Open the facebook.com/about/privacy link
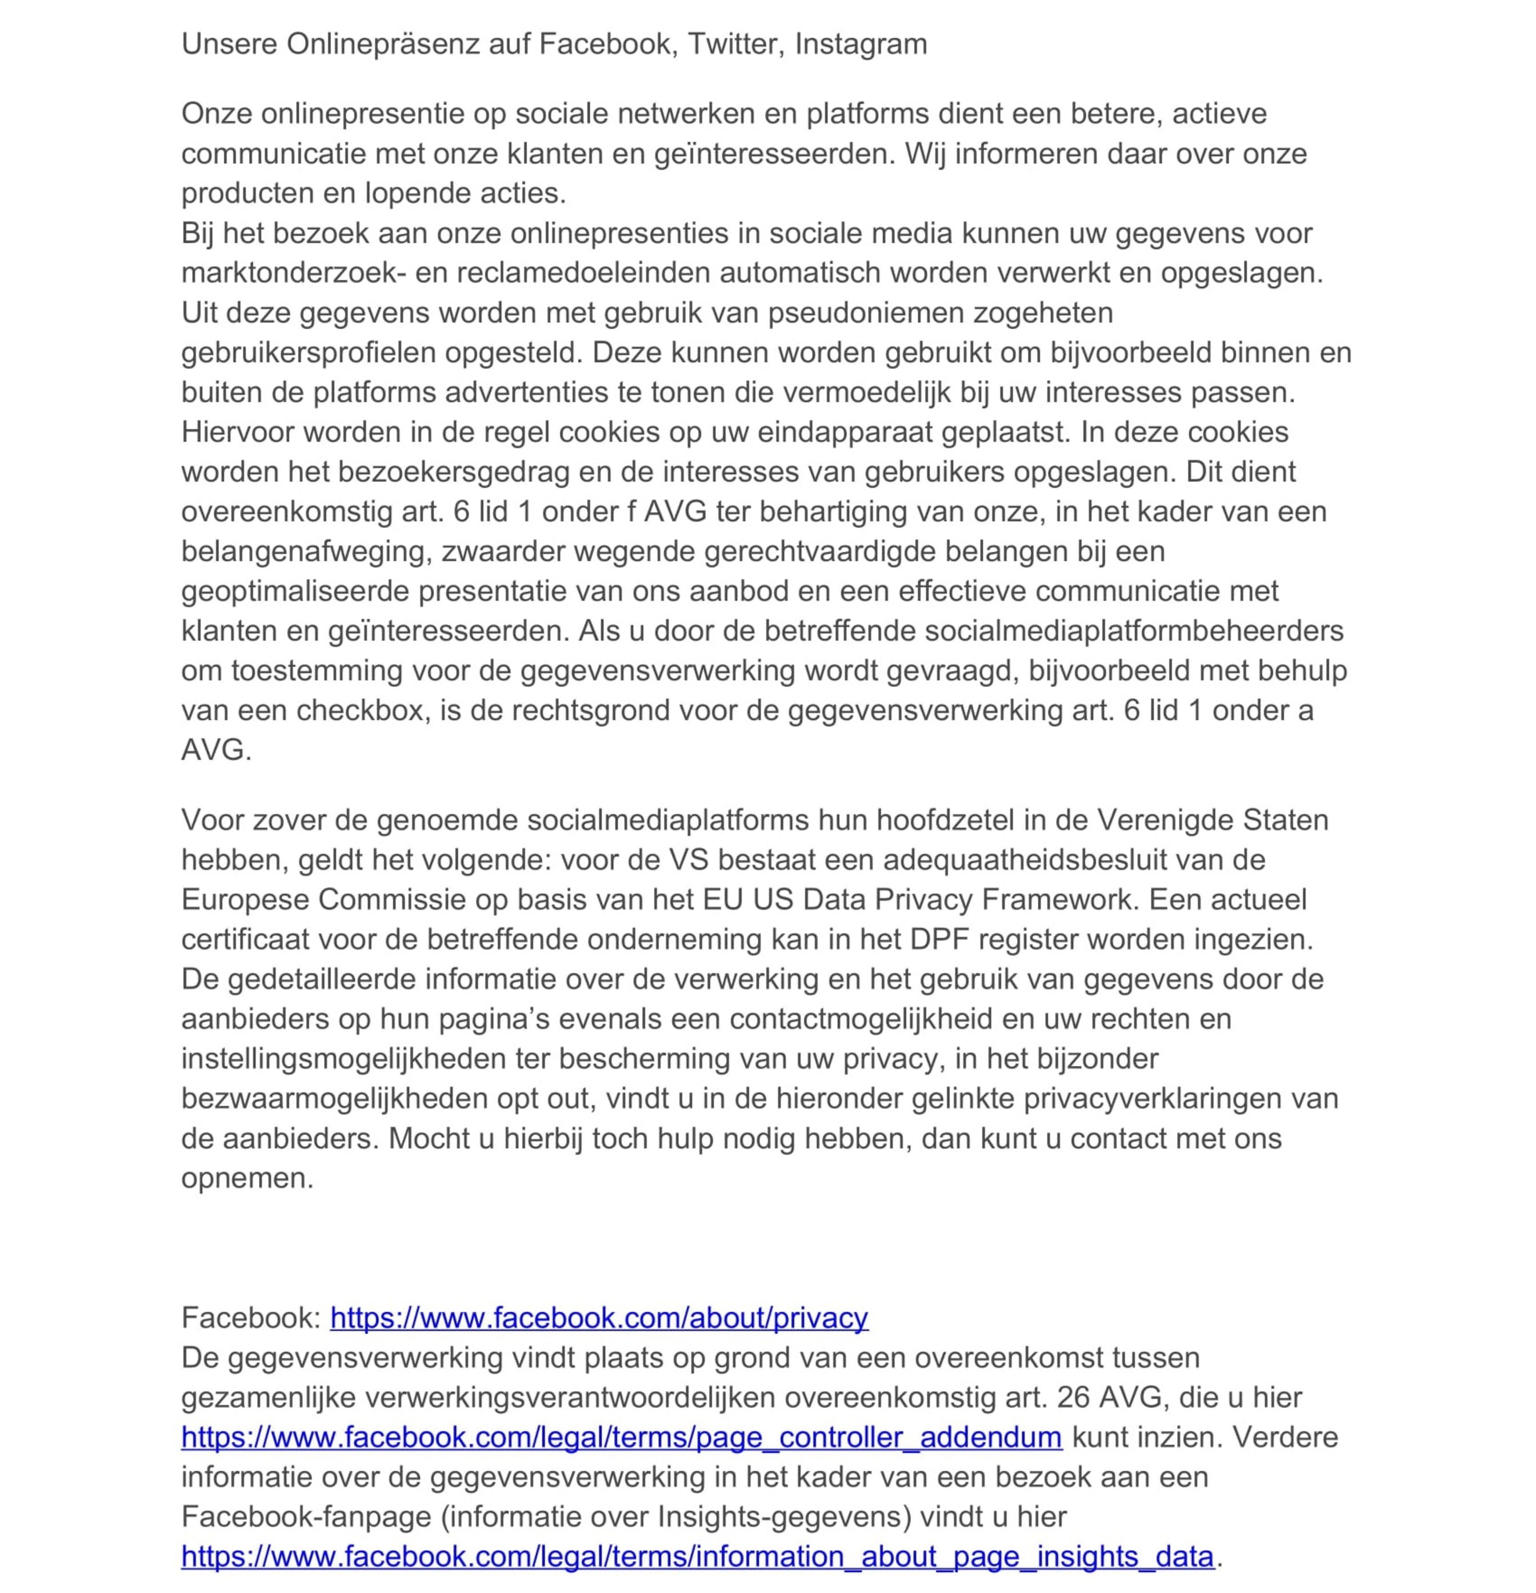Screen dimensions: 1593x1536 599,1318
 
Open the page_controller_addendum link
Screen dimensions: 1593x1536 621,1437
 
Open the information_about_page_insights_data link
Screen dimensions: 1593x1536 697,1556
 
